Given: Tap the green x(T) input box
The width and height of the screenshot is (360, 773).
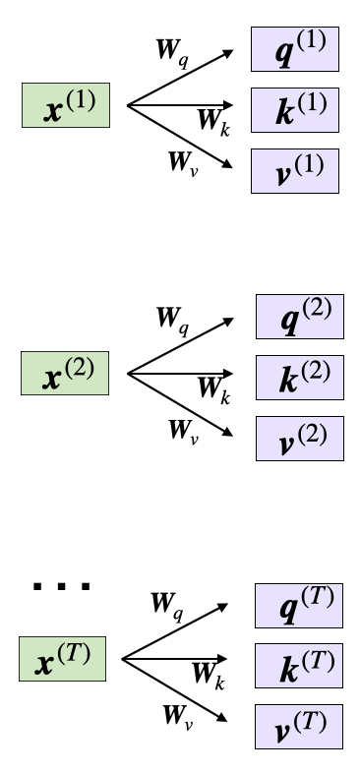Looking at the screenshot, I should (61, 658).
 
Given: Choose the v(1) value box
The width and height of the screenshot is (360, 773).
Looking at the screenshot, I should (295, 168).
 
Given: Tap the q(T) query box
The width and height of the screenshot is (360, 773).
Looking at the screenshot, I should (299, 605).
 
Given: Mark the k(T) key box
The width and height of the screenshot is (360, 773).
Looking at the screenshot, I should (299, 665).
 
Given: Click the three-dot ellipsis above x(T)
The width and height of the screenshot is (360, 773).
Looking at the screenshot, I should (61, 587).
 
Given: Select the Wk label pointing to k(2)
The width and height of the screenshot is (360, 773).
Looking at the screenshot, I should (212, 392).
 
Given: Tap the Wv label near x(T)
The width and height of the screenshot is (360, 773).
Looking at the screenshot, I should (179, 715).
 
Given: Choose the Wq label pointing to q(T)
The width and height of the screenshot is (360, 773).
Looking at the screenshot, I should (166, 602).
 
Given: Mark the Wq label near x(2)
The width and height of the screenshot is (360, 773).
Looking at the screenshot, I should (171, 319).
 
